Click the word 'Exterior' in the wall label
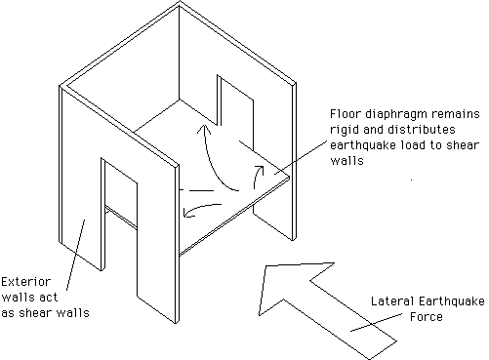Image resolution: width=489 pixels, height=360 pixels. tap(26, 282)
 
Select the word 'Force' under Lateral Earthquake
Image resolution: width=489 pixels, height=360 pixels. tap(427, 317)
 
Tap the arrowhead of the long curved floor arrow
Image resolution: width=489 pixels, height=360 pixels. tap(204, 129)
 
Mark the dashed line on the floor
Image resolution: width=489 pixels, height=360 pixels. tap(197, 190)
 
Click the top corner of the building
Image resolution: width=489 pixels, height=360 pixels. tap(180, 2)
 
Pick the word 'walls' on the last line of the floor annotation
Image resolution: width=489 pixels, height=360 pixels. tap(346, 161)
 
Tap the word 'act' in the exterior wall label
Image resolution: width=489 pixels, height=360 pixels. tap(48, 298)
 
